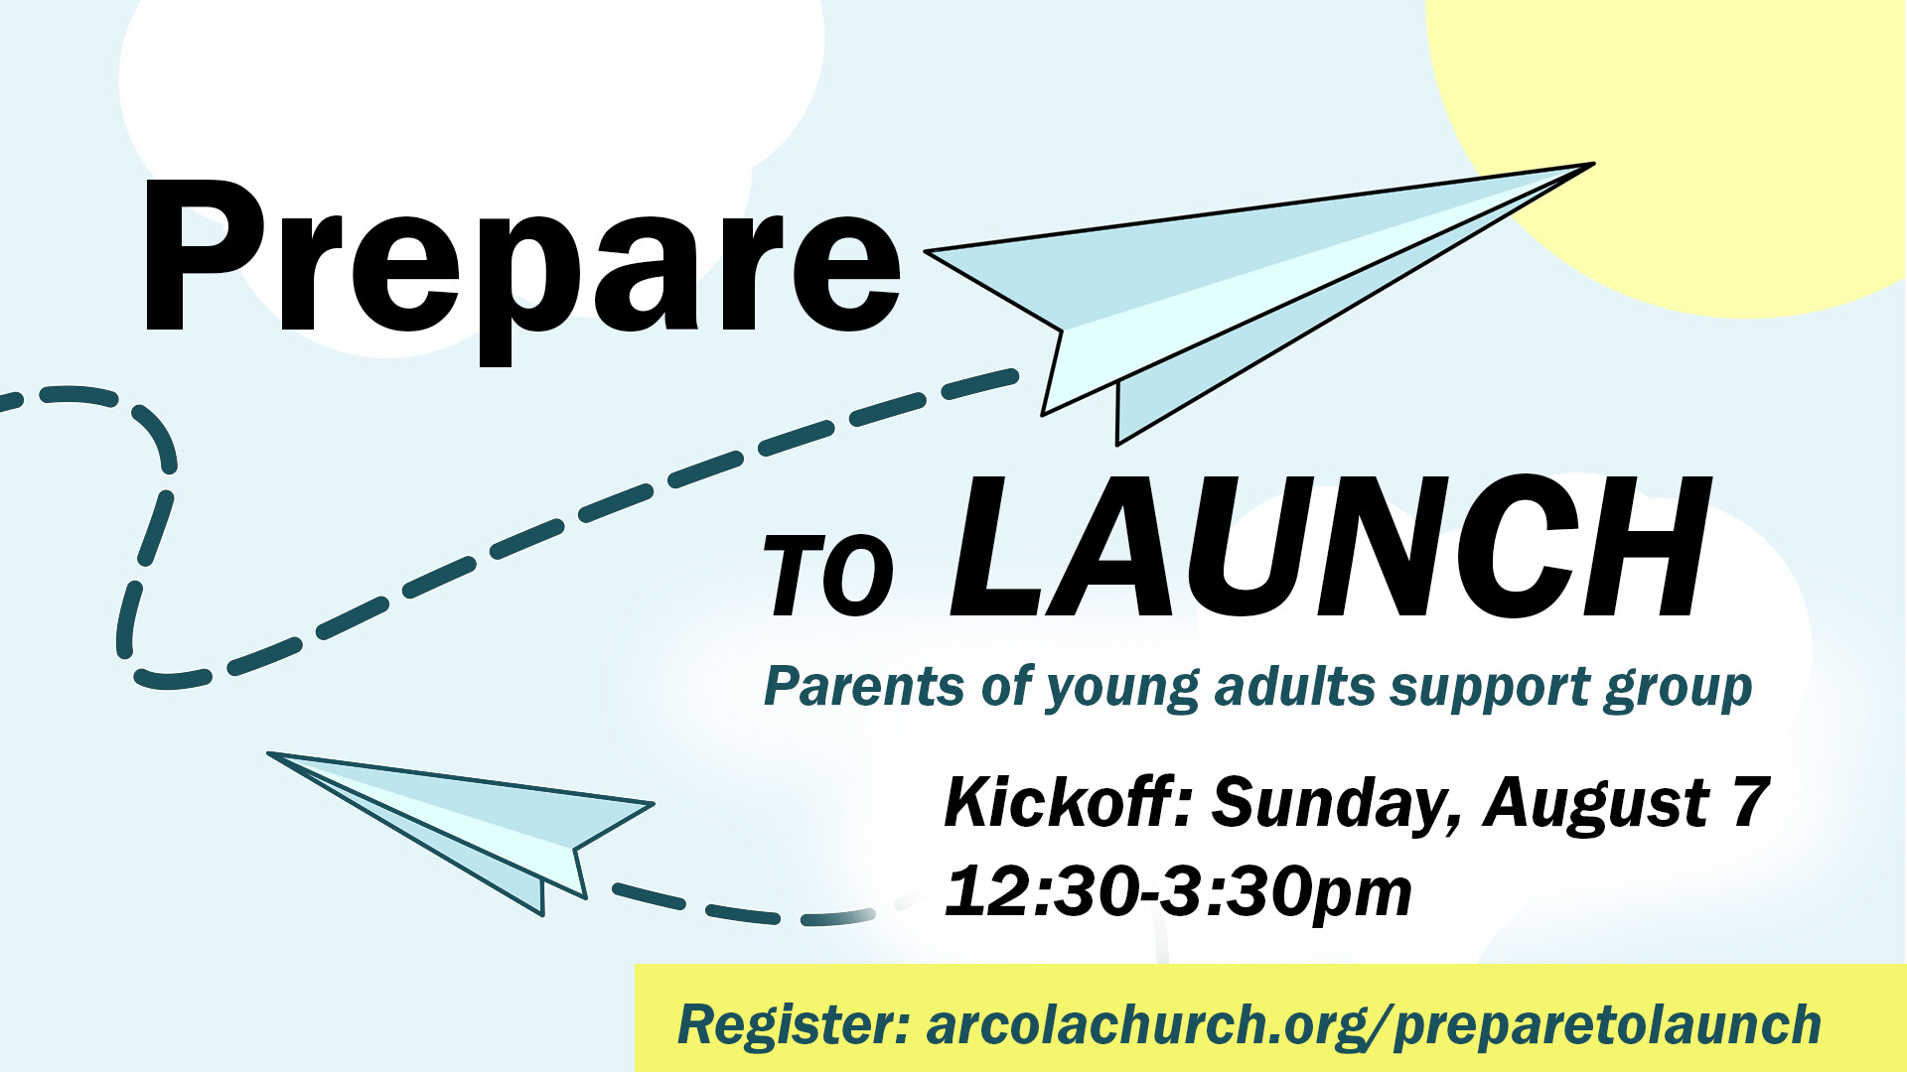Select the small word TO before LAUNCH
(x=828, y=576)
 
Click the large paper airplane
(x=1259, y=303)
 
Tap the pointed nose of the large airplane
(x=1592, y=164)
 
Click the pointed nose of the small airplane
(x=269, y=754)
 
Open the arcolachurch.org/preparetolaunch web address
(x=1374, y=1026)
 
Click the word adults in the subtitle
(x=1294, y=686)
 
